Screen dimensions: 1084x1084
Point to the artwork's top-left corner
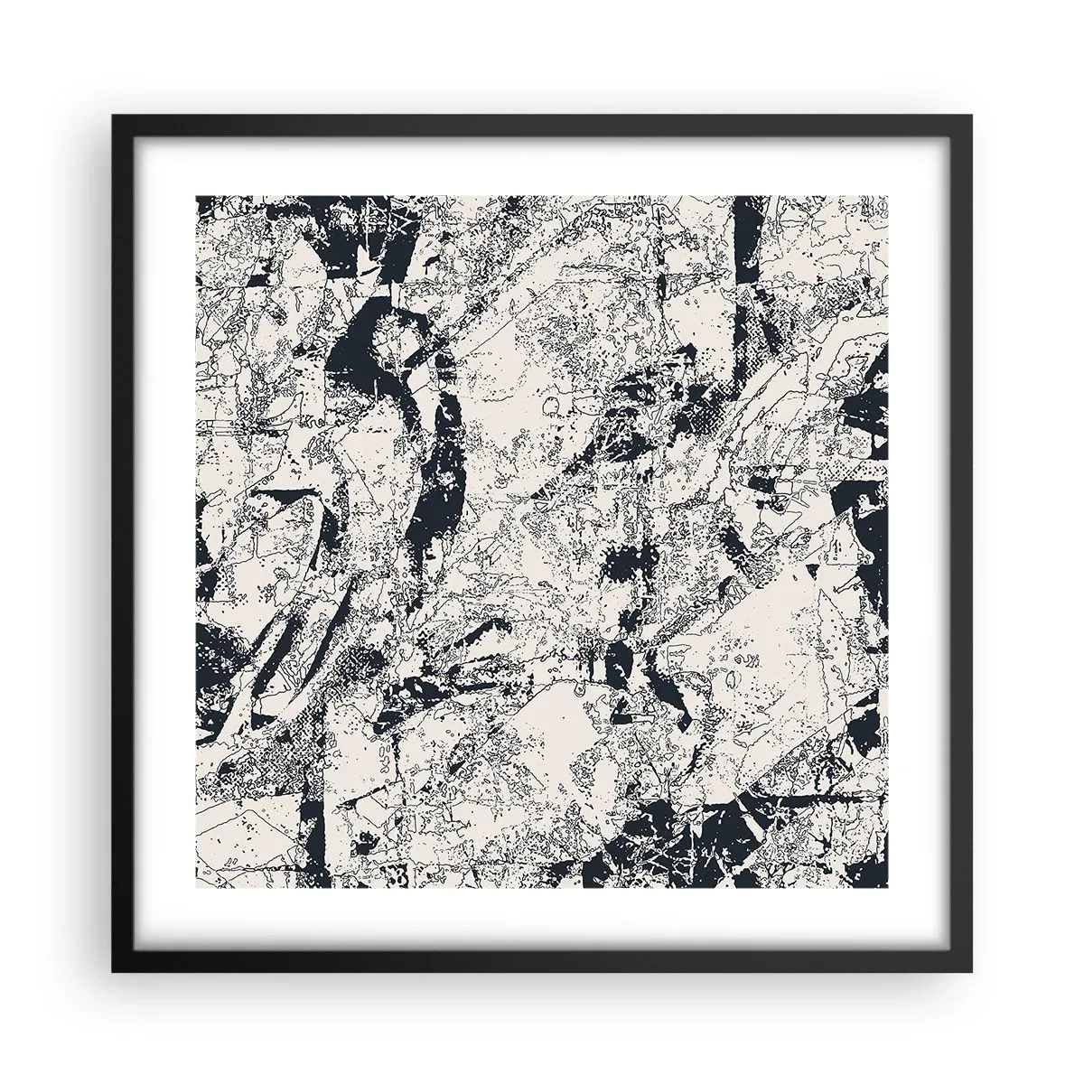[196, 196]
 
